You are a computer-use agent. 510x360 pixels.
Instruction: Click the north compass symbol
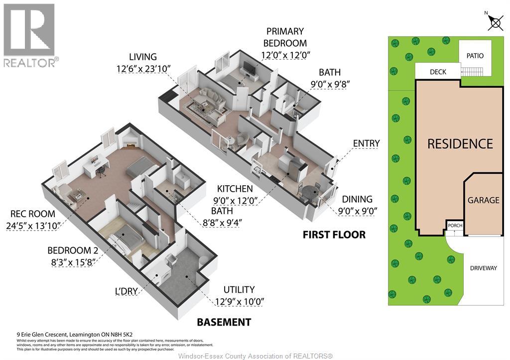tap(495, 22)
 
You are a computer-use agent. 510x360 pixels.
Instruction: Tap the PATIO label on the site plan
tap(475, 56)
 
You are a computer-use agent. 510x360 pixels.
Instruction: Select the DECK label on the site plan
tap(438, 72)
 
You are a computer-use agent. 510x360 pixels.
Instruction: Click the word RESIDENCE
tap(460, 144)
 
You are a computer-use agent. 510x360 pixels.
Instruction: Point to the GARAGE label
tap(483, 200)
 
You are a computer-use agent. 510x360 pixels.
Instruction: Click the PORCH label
tap(455, 226)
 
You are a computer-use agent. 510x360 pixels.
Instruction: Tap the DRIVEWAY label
tap(483, 268)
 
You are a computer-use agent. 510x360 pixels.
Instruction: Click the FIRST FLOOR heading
tap(334, 235)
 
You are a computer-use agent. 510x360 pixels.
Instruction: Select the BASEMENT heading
tap(224, 322)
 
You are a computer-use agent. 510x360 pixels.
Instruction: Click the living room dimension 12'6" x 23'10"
tap(143, 69)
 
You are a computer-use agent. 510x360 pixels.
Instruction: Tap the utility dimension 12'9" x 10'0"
tap(239, 301)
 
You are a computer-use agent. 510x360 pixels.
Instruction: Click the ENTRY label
tap(366, 143)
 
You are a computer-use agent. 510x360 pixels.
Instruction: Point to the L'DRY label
tap(127, 291)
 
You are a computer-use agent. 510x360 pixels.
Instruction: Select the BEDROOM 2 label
tap(73, 250)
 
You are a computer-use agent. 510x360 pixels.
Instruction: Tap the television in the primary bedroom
tap(249, 68)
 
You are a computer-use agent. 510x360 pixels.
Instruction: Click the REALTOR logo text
tap(31, 62)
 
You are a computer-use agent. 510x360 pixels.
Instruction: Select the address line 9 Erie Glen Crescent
tap(75, 334)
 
